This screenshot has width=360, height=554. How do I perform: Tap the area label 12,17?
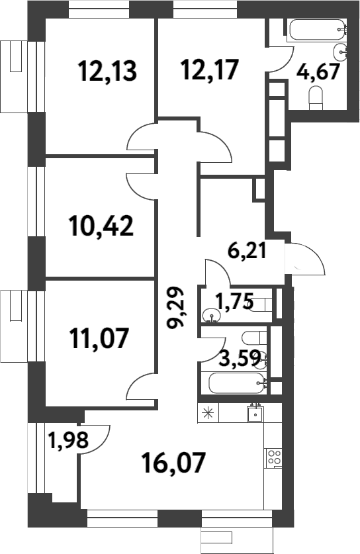point(209,69)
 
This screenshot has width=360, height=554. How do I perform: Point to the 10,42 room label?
point(101,226)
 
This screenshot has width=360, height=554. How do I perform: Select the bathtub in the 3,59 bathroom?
point(237,383)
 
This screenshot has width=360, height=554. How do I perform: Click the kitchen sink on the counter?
point(255,414)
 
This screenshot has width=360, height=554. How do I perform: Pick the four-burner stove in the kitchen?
point(273,457)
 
